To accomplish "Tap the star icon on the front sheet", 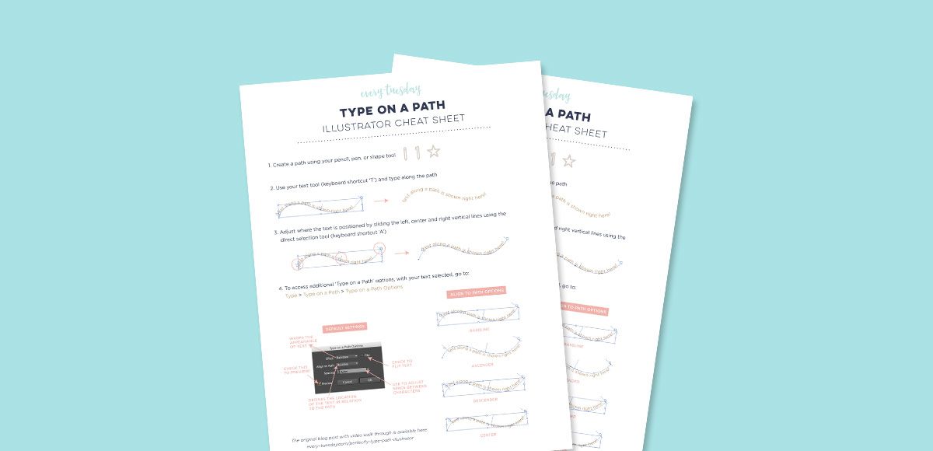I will point(434,152).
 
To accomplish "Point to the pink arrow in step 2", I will point(381,201).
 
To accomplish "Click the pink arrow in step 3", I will point(401,252).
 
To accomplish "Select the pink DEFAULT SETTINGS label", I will point(344,327).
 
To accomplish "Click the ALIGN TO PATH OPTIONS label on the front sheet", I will point(476,292).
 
